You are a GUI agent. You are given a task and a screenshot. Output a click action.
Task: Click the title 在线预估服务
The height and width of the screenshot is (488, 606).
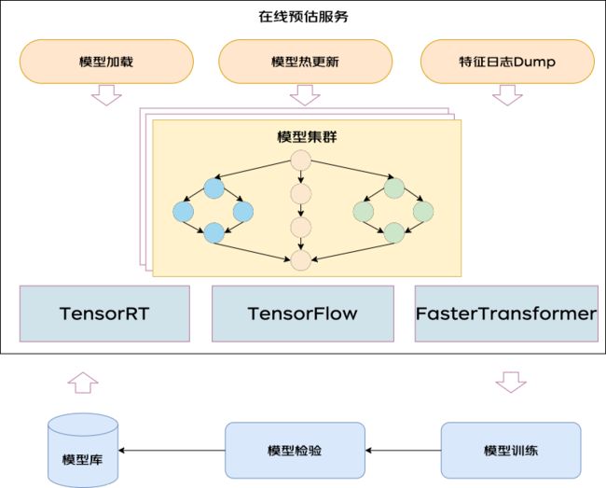pos(303,17)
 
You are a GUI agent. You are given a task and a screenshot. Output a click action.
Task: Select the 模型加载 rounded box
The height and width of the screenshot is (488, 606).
pos(106,62)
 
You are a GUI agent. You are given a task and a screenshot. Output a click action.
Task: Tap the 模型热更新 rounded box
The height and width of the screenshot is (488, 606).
pos(305,62)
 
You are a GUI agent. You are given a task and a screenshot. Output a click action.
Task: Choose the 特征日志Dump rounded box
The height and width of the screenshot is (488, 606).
pos(507,62)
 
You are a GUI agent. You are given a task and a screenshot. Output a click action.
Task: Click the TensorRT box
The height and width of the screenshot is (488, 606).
pos(104,314)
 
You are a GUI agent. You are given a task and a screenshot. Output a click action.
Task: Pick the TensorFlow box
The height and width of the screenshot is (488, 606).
pos(303,314)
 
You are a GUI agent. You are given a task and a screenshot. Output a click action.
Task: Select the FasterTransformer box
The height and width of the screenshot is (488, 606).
pos(506,314)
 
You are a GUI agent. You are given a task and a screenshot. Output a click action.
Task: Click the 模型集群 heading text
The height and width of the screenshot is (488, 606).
pos(307,137)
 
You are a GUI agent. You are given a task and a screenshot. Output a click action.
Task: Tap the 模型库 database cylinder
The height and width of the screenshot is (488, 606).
pos(83,451)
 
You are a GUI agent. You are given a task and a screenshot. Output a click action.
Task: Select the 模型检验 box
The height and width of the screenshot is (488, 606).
pos(295,451)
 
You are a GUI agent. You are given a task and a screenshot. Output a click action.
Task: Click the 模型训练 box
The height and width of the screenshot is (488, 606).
pos(511,451)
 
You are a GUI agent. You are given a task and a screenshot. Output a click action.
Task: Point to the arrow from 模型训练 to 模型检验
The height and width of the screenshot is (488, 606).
pos(403,451)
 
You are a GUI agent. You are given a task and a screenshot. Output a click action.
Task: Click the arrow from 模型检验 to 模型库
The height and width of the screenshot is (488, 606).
pos(172,451)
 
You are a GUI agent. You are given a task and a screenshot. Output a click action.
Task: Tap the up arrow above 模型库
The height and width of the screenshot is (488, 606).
pos(83,383)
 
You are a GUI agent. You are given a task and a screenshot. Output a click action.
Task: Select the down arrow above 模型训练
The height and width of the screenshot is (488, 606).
pos(511,383)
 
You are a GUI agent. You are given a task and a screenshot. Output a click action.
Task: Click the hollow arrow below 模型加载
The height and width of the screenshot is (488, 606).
pos(106,95)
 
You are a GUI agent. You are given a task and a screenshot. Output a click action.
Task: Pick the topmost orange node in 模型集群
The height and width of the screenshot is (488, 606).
pos(301,160)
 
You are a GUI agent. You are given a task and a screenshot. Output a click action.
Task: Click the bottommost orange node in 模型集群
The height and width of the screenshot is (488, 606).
pos(301,260)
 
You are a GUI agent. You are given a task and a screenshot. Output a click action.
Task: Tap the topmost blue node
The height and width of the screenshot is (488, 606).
pos(213,188)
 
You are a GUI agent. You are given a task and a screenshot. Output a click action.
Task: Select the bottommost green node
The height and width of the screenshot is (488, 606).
pos(394,232)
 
